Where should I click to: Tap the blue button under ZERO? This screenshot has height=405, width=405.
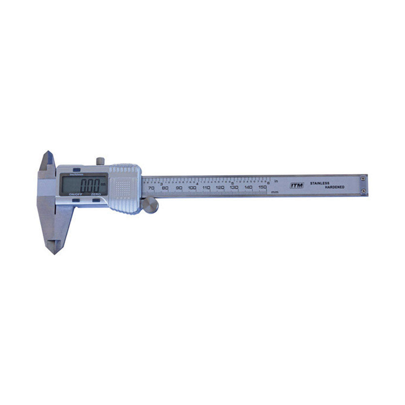click(x=96, y=200)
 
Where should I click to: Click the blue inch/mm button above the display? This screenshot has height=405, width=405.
click(x=76, y=171)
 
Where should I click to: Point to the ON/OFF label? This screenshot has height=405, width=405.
click(x=75, y=195)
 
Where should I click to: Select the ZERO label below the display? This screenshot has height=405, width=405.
click(x=96, y=195)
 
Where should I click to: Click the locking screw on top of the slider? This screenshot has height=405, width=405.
click(x=100, y=161)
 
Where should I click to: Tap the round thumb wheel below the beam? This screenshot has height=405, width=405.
click(x=151, y=205)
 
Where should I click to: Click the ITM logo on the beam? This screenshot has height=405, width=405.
click(x=296, y=185)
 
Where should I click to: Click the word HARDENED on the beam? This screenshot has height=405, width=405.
click(x=334, y=187)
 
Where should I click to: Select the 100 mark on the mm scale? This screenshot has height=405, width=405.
click(x=192, y=188)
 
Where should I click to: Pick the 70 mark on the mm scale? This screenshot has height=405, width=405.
click(x=151, y=188)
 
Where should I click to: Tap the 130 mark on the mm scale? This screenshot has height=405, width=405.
click(x=234, y=188)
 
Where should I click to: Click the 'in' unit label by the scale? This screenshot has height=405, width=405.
click(x=276, y=181)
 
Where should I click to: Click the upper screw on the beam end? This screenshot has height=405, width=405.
click(x=363, y=177)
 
